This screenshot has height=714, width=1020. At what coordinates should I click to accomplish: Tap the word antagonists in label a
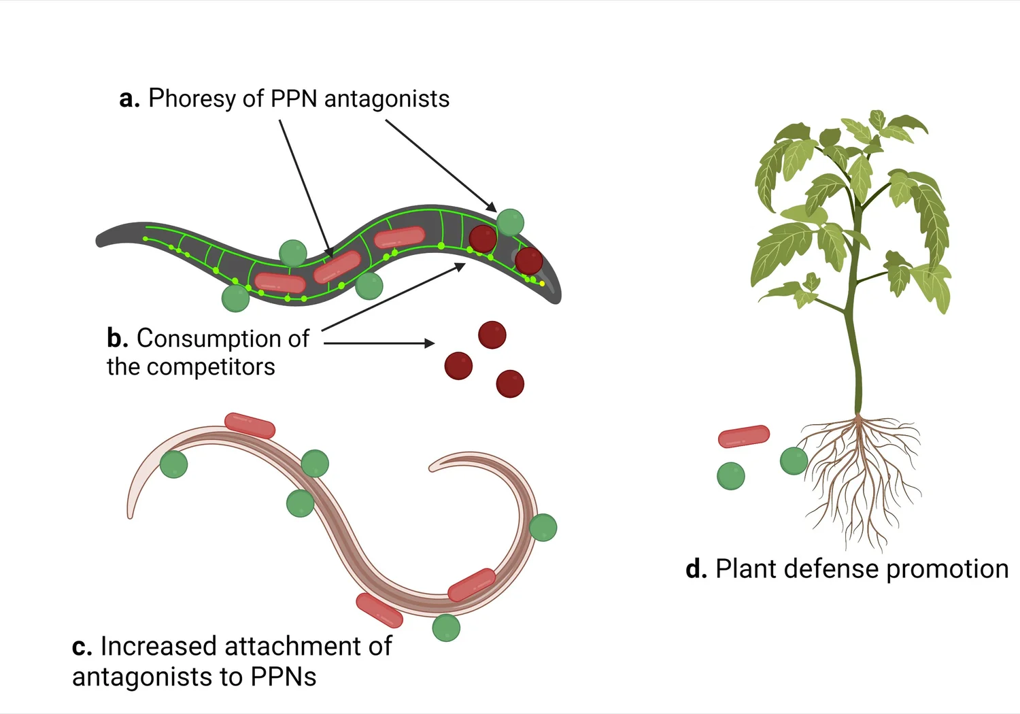386,99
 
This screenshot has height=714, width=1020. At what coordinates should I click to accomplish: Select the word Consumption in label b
222,339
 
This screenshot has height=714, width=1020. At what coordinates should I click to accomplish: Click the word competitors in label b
210,367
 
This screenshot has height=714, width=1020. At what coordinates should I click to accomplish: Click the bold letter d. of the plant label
696,569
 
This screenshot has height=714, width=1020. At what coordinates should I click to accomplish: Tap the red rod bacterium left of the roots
743,437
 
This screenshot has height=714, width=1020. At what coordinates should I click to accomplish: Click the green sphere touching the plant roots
794,461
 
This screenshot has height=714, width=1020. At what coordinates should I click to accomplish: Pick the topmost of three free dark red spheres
492,335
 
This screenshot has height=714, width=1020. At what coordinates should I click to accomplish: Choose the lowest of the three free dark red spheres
510,384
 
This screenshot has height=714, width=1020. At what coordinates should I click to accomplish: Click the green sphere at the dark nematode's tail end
235,299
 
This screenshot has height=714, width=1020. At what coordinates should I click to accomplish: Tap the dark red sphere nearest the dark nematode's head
528,261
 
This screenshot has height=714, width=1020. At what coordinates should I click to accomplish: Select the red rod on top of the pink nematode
250,426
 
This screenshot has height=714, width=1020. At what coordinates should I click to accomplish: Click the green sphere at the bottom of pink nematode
446,628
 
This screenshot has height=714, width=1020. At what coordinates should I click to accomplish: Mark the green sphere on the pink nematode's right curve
543,528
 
